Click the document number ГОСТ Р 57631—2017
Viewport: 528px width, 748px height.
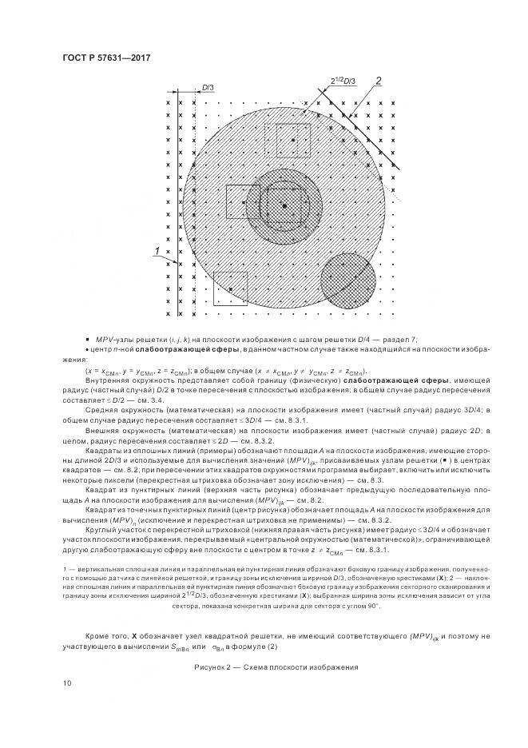pyautogui.click(x=106, y=57)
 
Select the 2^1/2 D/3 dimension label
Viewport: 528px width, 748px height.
pyautogui.click(x=343, y=81)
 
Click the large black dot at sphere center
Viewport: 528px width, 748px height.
pyautogui.click(x=284, y=207)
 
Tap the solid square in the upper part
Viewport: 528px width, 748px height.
pyautogui.click(x=293, y=139)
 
